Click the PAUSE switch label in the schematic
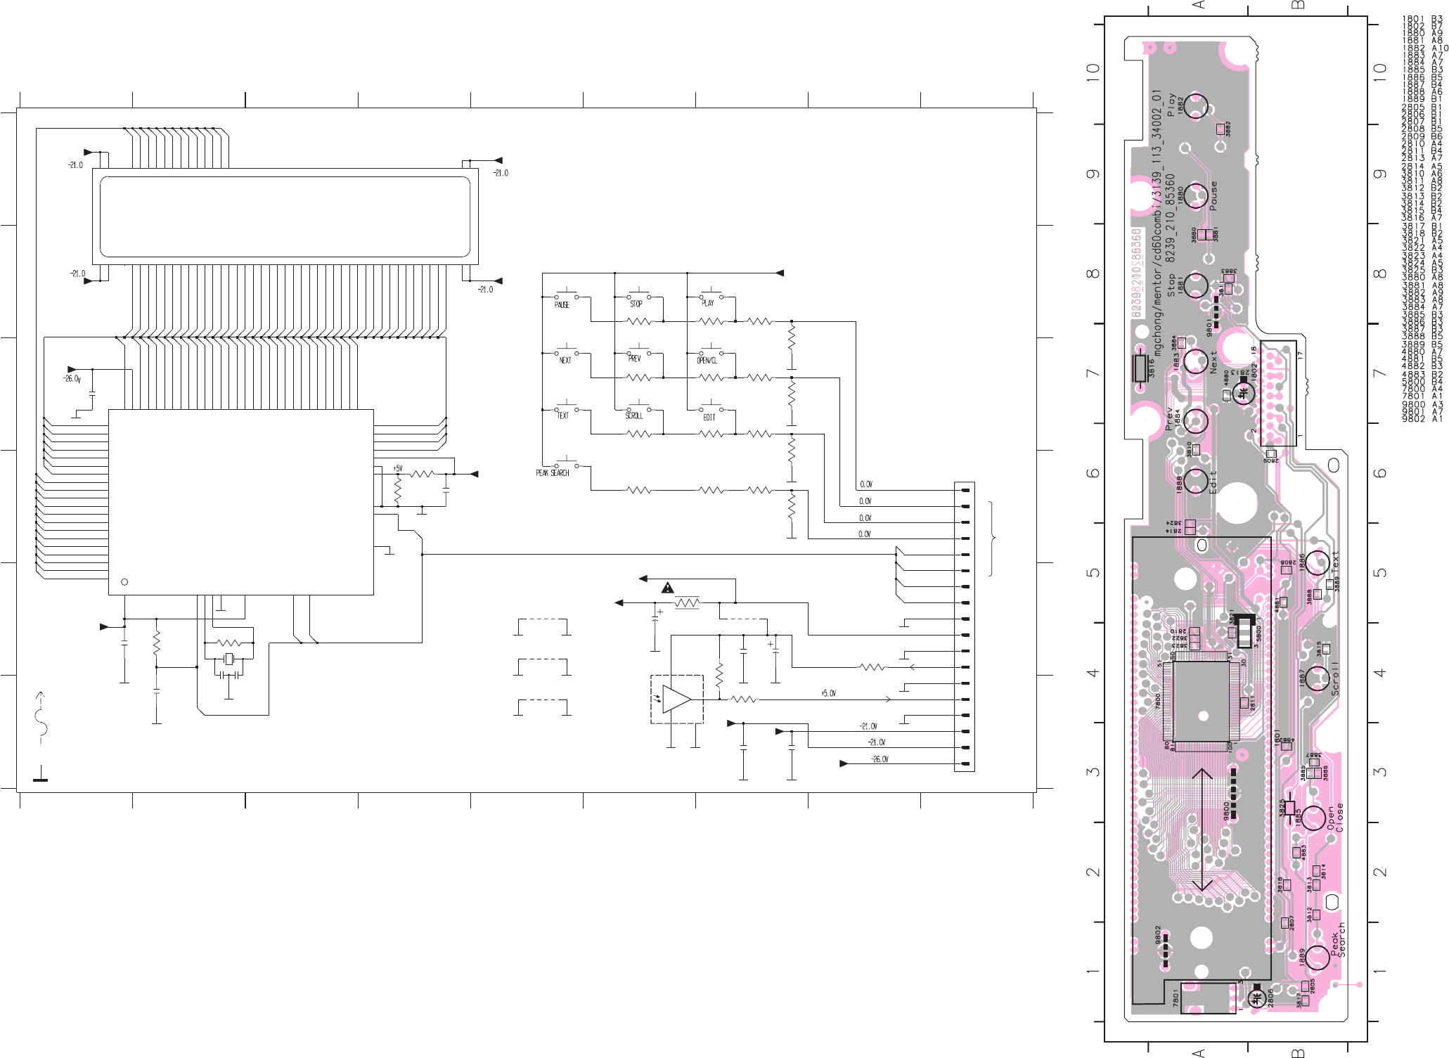pos(562,305)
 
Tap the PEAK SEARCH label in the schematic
pos(553,473)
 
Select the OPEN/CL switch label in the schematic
pos(707,361)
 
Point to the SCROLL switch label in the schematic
pos(634,416)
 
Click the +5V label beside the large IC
pos(398,468)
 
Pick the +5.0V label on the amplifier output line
pos(828,693)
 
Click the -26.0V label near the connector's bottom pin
pos(880,759)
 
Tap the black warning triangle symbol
pos(668,588)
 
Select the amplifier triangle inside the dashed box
pos(676,699)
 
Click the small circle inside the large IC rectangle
pos(125,581)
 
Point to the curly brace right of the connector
pos(992,538)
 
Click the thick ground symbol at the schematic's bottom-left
pos(41,775)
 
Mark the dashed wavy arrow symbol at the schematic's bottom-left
pos(42,717)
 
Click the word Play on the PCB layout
pos(1171,105)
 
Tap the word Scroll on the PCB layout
pos(1334,678)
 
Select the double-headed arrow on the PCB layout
pos(1202,830)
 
